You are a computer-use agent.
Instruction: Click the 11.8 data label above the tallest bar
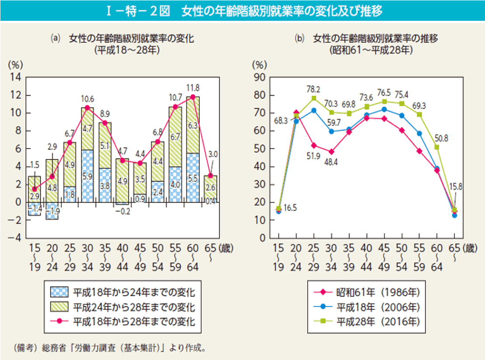(193, 87)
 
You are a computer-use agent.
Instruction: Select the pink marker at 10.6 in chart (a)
(87, 107)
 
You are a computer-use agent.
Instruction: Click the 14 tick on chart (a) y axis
(15, 77)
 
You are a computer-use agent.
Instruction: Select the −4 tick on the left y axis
(15, 238)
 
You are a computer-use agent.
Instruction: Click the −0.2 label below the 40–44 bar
(123, 212)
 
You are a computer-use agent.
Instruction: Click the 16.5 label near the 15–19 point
(290, 208)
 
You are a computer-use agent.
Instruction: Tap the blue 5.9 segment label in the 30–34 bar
(87, 177)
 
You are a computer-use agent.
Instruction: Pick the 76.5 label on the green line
(384, 92)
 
